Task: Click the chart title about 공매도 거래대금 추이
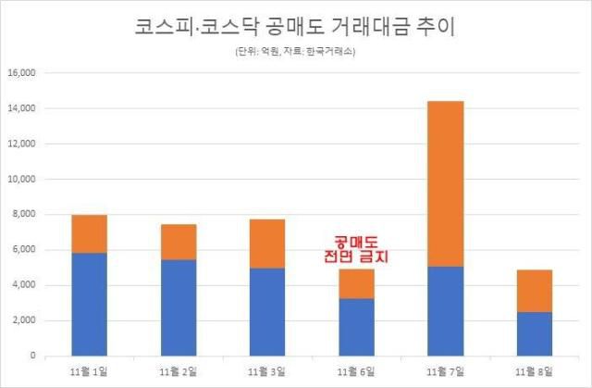[x=295, y=26]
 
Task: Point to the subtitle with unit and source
[x=295, y=52]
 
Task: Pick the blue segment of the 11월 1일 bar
[x=91, y=304]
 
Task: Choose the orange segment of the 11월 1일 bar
[x=91, y=233]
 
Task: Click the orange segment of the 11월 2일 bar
[x=179, y=242]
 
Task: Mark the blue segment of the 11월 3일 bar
[x=266, y=312]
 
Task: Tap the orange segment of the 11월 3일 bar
[x=266, y=244]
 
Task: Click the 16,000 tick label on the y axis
[x=20, y=73]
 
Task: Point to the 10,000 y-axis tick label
[x=20, y=180]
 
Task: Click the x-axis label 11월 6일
[x=355, y=371]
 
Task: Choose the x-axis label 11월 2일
[x=179, y=371]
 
